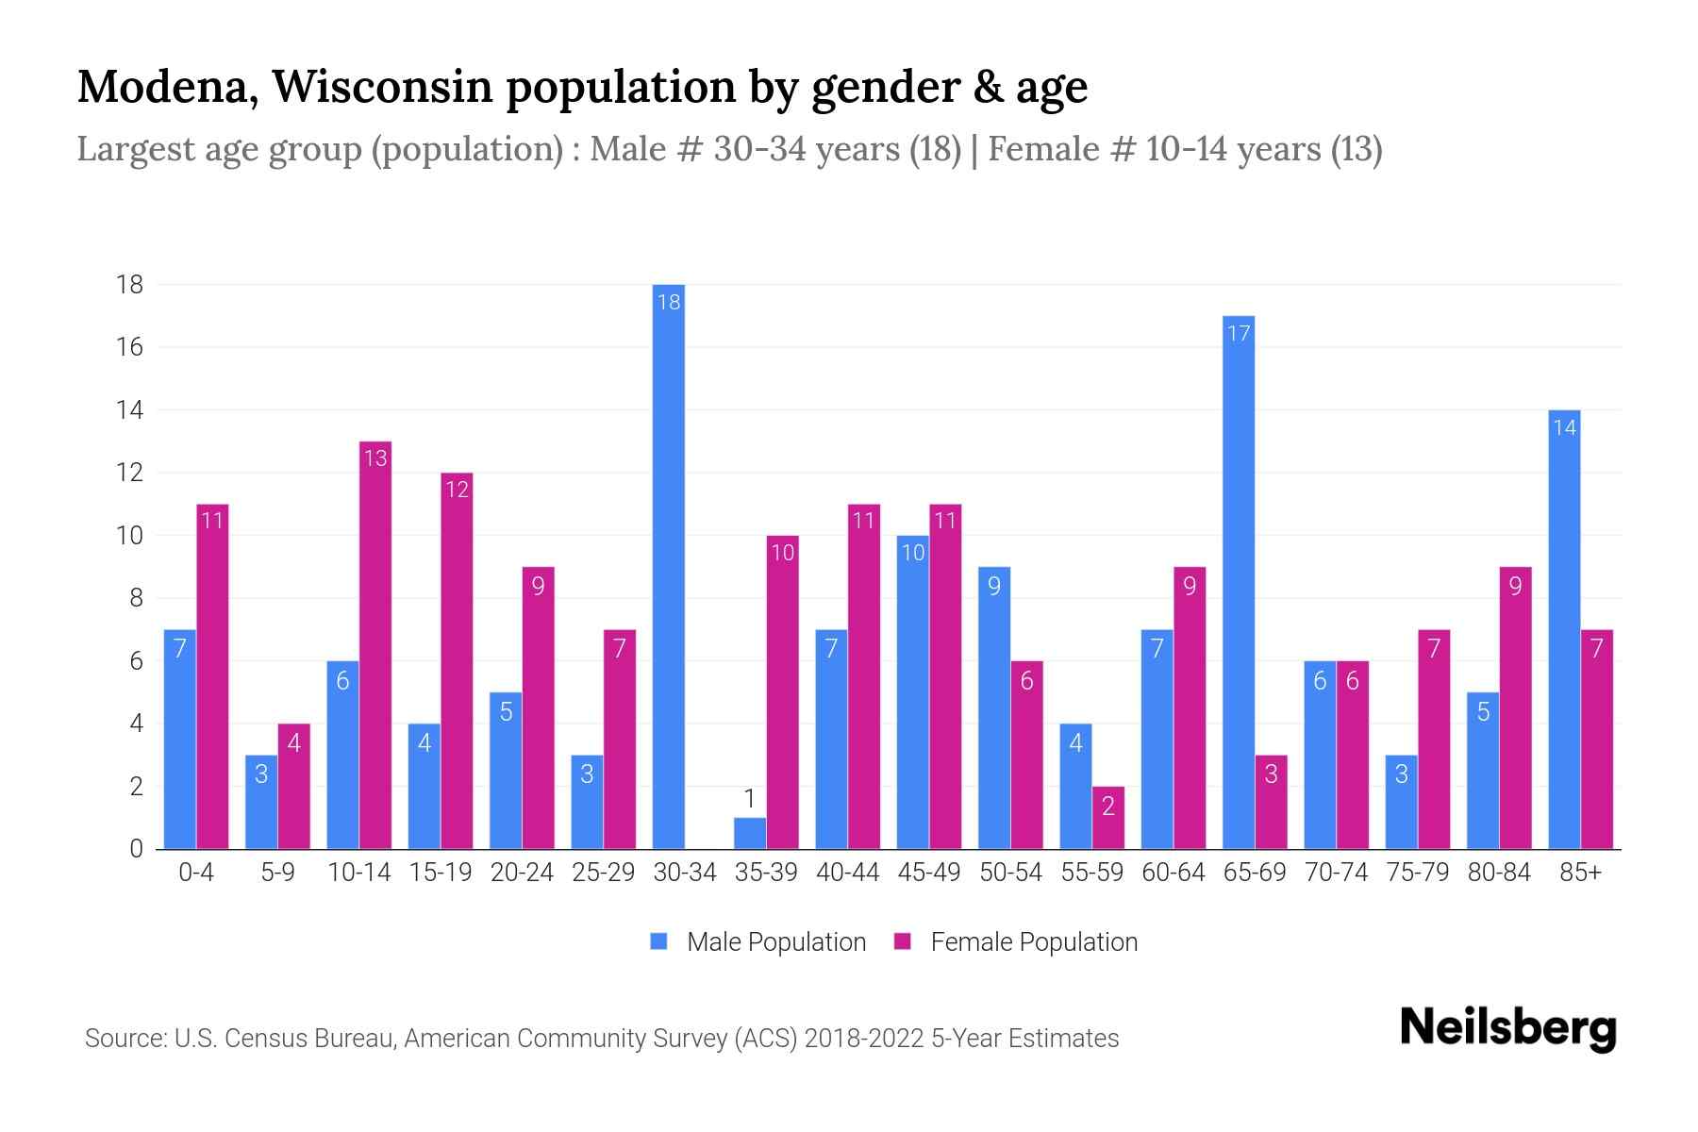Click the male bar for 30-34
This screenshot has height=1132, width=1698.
click(x=668, y=566)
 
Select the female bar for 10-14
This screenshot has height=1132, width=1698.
click(x=375, y=645)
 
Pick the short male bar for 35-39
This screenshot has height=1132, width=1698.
click(x=750, y=833)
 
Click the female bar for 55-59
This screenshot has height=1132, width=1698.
click(x=1108, y=818)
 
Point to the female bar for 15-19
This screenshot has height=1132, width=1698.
click(x=457, y=660)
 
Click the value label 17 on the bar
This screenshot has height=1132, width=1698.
click(x=1238, y=333)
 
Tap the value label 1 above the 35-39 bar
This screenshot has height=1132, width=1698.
click(x=750, y=799)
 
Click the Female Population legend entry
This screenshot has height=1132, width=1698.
click(x=1016, y=941)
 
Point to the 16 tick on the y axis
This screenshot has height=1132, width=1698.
click(x=130, y=347)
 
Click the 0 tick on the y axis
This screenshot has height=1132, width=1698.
click(x=137, y=849)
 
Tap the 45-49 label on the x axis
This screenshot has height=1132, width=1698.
click(x=929, y=873)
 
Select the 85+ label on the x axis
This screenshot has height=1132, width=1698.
click(x=1580, y=873)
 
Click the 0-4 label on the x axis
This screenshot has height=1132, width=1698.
click(x=196, y=873)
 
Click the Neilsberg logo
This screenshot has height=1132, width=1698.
click(x=1507, y=1028)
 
